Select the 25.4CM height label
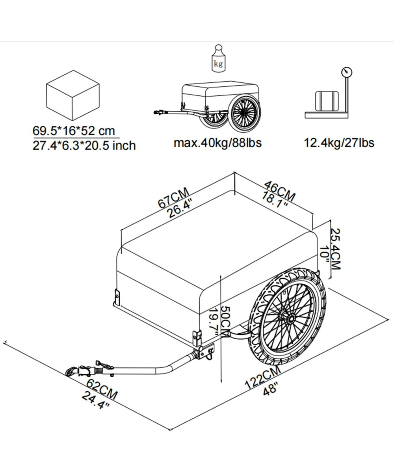point(335,249)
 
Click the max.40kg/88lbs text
point(217,143)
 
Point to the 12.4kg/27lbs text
point(339,143)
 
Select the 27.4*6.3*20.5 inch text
point(84,145)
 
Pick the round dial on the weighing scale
point(347,72)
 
